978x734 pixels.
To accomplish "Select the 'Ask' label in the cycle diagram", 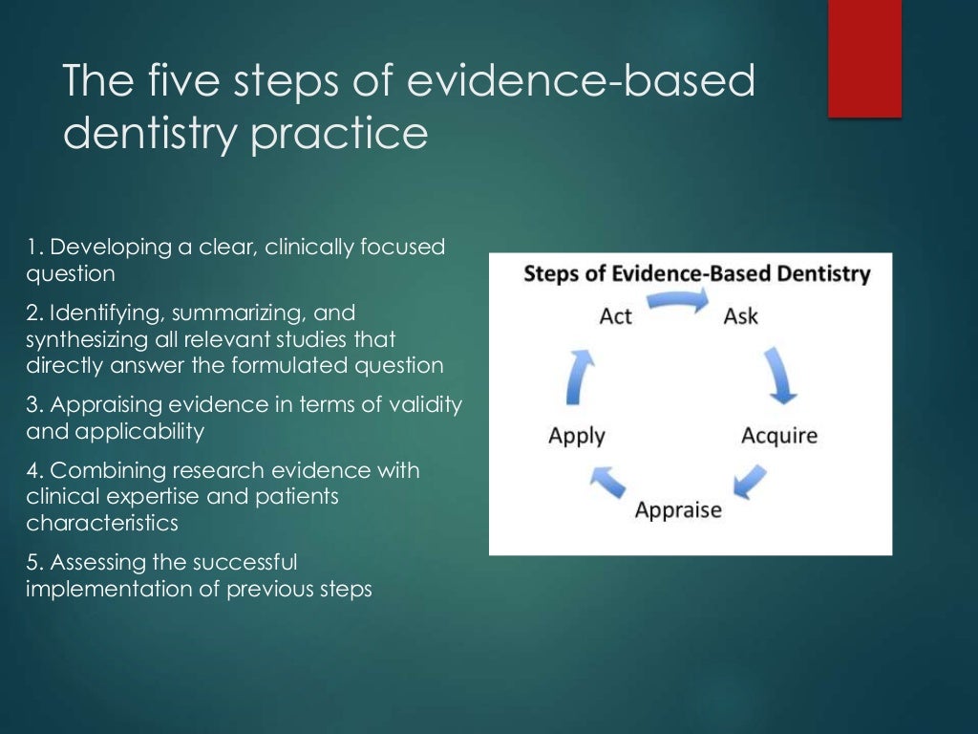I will coord(740,315).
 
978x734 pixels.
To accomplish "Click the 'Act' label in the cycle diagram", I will coord(616,315).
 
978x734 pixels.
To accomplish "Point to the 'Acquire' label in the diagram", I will coord(779,436).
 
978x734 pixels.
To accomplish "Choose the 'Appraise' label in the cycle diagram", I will coord(678,509).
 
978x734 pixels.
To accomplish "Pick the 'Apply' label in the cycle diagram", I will coord(577,436).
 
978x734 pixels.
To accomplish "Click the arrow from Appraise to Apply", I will coord(607,481).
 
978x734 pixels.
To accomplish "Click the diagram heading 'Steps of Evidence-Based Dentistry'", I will coord(696,274).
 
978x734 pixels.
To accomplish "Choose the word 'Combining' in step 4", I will coord(97,470).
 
